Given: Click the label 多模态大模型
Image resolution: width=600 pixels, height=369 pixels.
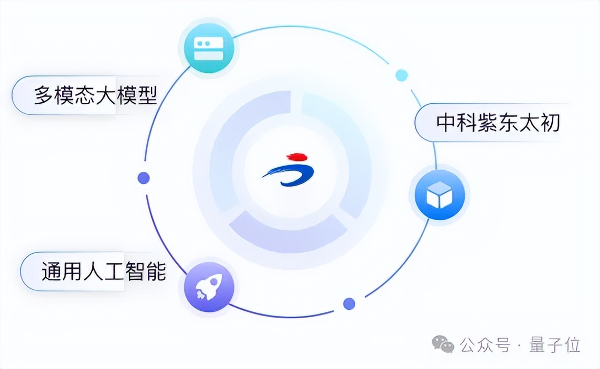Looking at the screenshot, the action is [x=95, y=95].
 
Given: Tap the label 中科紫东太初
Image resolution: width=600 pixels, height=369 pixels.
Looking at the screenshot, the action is [x=498, y=123].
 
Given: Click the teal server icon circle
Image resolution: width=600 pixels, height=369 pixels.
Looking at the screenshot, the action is [x=209, y=49].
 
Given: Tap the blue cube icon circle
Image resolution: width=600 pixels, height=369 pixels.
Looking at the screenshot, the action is [x=439, y=194].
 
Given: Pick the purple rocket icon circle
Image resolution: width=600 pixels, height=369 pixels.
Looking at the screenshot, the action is [x=209, y=286].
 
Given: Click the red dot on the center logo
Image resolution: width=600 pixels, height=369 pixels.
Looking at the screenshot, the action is [x=297, y=157].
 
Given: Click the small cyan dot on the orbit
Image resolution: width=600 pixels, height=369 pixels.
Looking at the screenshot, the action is [x=402, y=75].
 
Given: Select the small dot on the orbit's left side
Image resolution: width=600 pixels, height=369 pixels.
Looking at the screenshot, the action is [x=143, y=178].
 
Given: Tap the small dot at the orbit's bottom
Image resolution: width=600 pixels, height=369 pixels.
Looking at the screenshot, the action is [x=349, y=303].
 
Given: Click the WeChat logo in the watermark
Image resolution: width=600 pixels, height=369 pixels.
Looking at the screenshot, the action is [x=443, y=344].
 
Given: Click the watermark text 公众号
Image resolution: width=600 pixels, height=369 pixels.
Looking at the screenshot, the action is [x=485, y=345].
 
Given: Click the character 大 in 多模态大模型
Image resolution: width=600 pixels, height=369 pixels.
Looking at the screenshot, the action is [x=105, y=95].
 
